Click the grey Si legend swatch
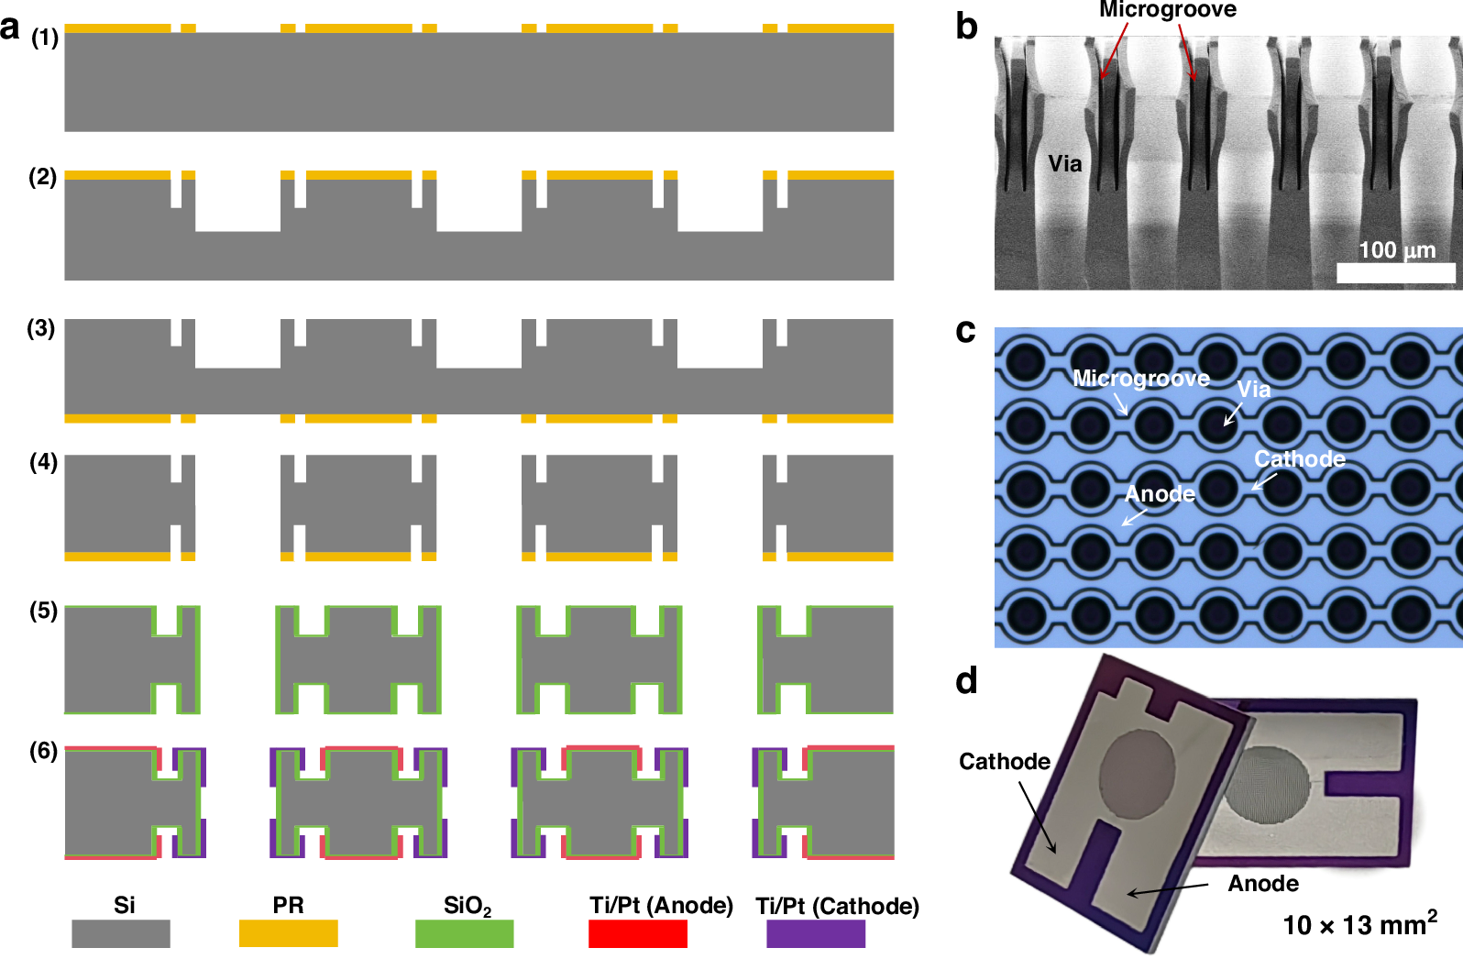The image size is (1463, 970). pyautogui.click(x=120, y=933)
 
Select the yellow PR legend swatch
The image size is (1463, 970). pyautogui.click(x=288, y=933)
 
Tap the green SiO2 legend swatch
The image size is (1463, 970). pyautogui.click(x=464, y=933)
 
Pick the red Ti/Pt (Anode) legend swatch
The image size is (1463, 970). pyautogui.click(x=637, y=933)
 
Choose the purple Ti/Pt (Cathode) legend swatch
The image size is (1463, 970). pyautogui.click(x=815, y=933)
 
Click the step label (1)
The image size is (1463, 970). pyautogui.click(x=44, y=38)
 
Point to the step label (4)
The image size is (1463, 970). pyautogui.click(x=43, y=462)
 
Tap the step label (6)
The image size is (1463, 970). pyautogui.click(x=43, y=751)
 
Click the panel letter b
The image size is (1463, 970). pyautogui.click(x=966, y=27)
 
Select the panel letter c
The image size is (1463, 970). pyautogui.click(x=965, y=331)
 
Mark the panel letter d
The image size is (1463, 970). pyautogui.click(x=966, y=681)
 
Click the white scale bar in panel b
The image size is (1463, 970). pyautogui.click(x=1395, y=272)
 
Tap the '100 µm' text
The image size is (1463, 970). pyautogui.click(x=1396, y=249)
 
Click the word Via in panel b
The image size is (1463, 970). pyautogui.click(x=1064, y=164)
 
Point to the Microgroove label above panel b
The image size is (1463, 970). pyautogui.click(x=1167, y=10)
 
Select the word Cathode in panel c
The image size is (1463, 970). pyautogui.click(x=1299, y=459)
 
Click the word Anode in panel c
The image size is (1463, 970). pyautogui.click(x=1160, y=494)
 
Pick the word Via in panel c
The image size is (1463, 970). pyautogui.click(x=1253, y=390)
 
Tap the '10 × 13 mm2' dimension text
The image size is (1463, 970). pyautogui.click(x=1359, y=924)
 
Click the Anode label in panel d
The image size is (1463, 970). pyautogui.click(x=1262, y=883)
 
